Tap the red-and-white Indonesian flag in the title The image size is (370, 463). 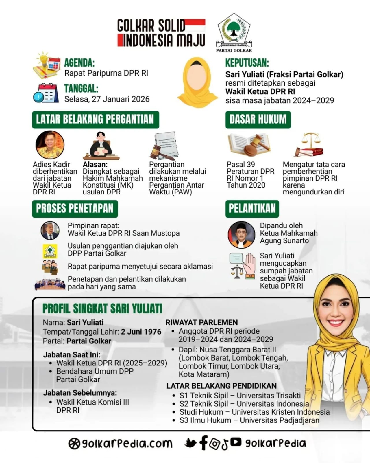tap(195, 25)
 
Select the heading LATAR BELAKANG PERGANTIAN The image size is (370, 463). tap(95, 120)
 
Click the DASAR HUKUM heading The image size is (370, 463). tap(258, 120)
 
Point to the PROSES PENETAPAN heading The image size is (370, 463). tap(75, 209)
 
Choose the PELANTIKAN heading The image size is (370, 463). tap(252, 209)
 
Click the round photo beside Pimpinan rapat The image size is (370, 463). tap(50, 231)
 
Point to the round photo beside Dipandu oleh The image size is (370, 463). tap(241, 235)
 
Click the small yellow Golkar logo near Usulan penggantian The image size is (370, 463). tap(50, 251)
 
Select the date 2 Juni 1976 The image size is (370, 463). tap(141, 332)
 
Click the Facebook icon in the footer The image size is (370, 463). tap(203, 443)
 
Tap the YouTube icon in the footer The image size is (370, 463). tap(236, 442)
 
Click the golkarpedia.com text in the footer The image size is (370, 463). tap(120, 443)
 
